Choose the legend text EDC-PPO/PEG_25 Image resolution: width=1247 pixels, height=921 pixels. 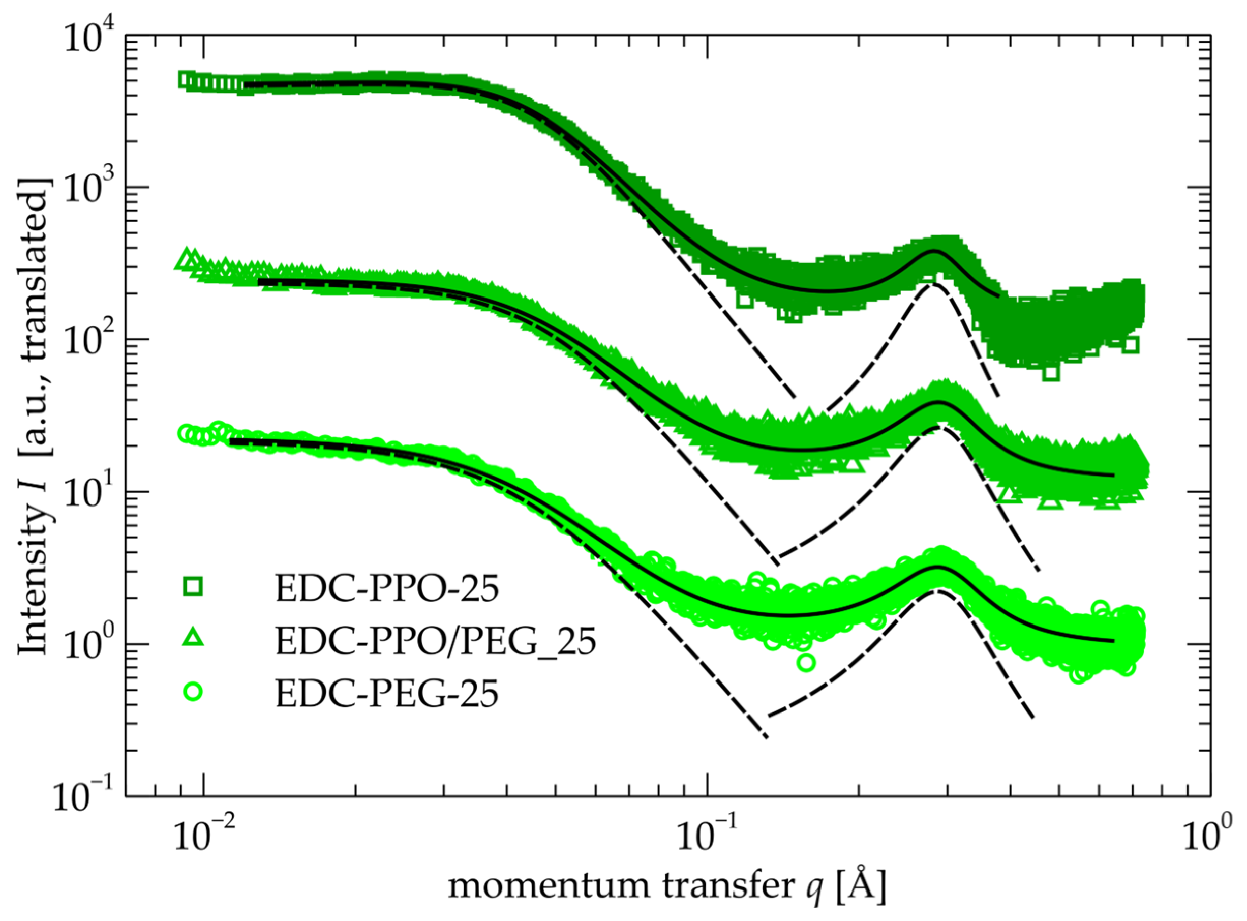pos(435,642)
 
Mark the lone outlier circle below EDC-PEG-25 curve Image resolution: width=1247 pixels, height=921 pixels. pos(806,663)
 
